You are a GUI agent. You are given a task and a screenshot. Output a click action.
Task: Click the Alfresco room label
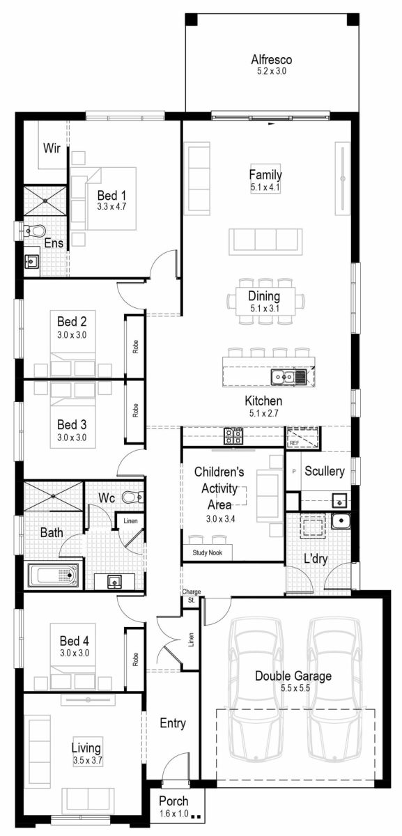[272, 60]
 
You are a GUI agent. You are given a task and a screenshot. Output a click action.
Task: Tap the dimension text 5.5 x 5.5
[292, 688]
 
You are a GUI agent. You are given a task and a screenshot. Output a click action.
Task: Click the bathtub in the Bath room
[54, 575]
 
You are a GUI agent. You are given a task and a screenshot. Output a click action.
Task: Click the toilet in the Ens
[33, 230]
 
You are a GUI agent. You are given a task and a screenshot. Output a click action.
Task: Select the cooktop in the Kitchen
[233, 436]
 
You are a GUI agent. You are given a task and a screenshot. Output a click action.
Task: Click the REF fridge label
[294, 442]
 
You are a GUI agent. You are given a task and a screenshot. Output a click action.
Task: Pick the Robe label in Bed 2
[135, 346]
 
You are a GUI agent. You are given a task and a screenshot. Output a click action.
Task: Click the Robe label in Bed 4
[135, 659]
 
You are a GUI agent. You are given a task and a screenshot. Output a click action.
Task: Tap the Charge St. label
[192, 596]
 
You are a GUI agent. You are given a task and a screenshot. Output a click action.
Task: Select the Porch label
[173, 801]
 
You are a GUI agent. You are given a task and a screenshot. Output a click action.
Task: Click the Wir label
[52, 148]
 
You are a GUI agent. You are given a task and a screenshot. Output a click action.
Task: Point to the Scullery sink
[339, 500]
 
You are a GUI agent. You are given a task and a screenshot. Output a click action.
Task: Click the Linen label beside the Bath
[130, 521]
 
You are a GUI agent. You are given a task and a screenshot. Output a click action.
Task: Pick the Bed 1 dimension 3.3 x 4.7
[111, 207]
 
